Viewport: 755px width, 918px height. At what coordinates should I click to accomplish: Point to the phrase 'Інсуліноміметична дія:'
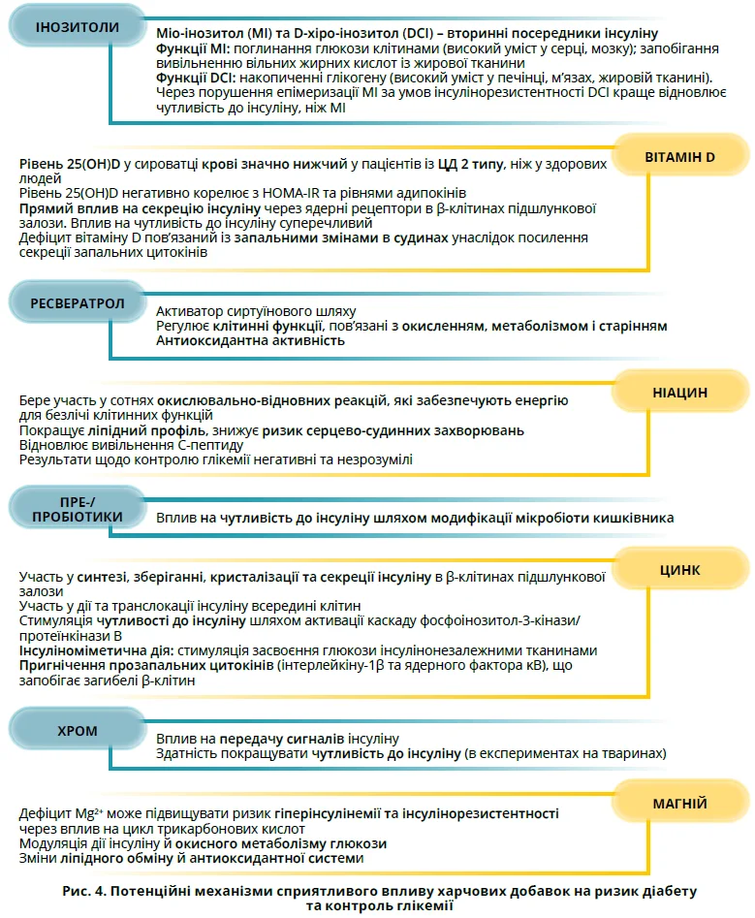pos(95,649)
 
